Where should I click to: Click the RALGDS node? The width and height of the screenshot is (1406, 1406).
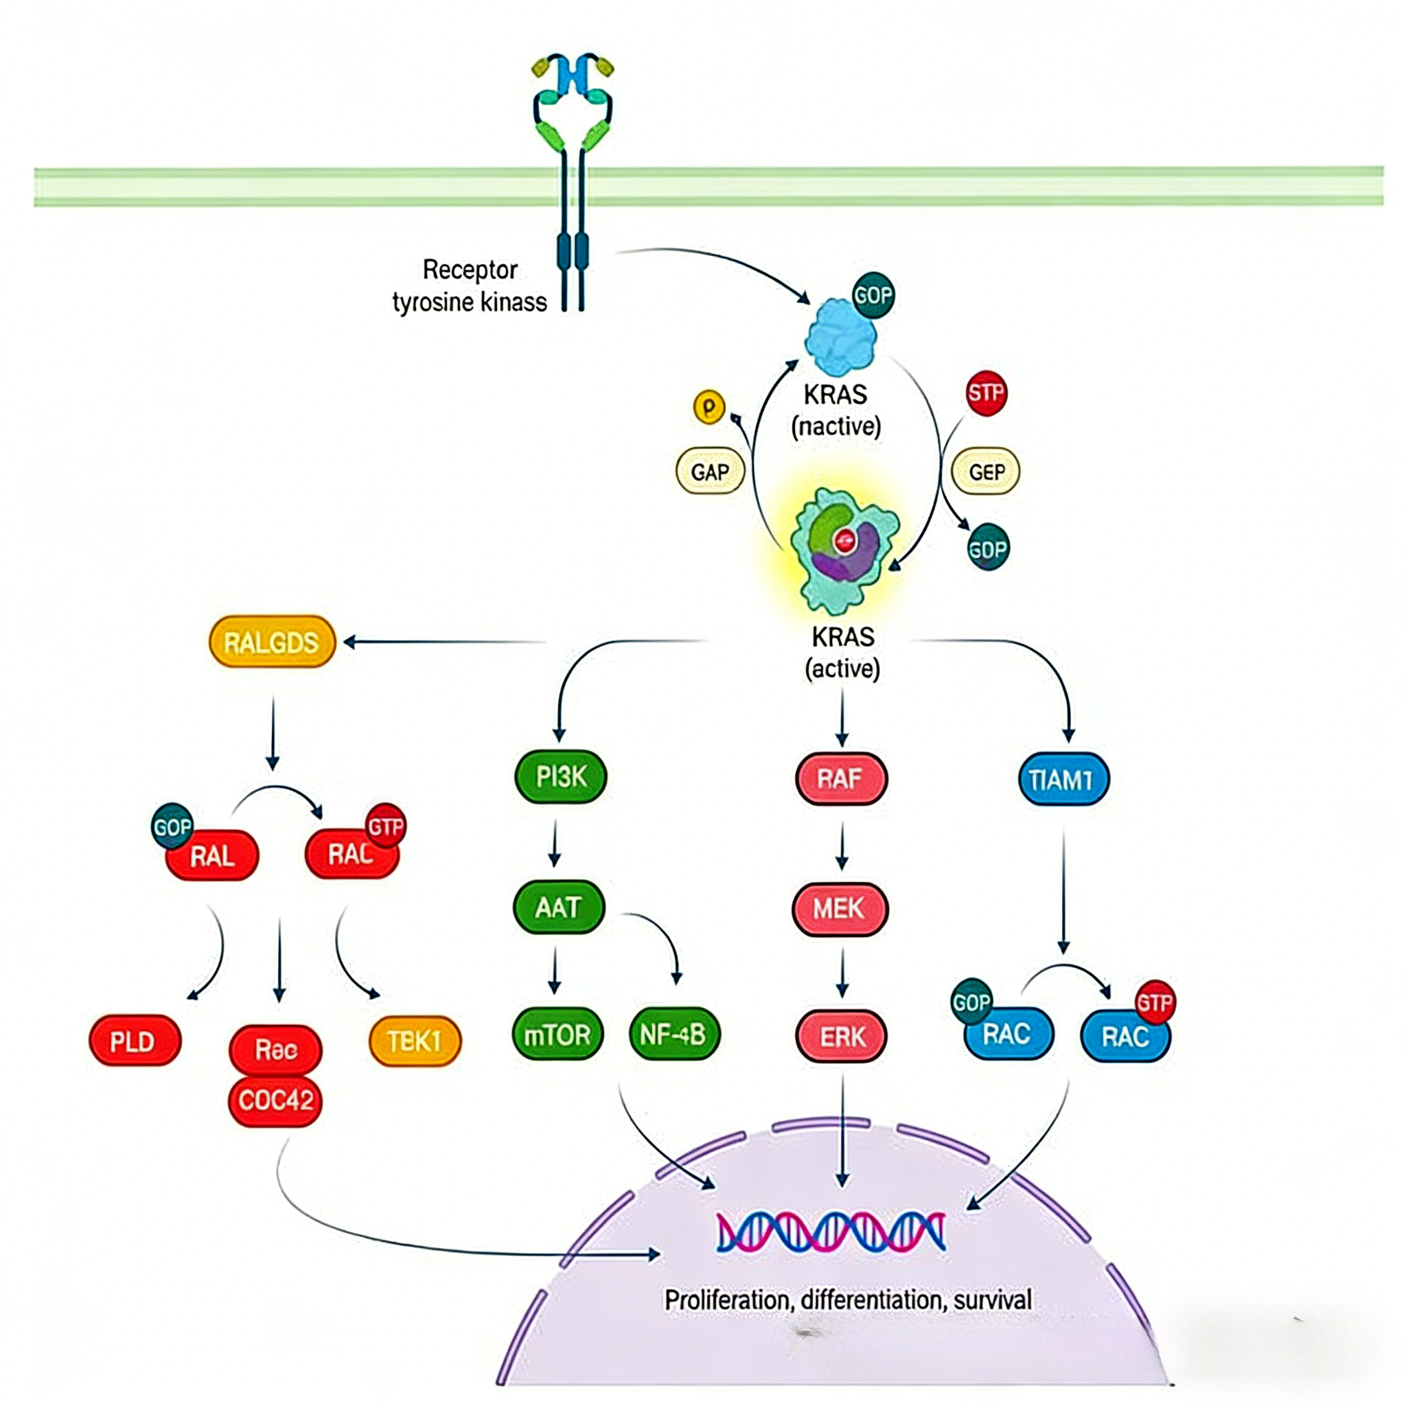click(x=271, y=642)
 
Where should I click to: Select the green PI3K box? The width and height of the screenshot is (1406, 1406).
click(x=560, y=777)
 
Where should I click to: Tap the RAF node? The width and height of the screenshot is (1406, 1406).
click(x=840, y=779)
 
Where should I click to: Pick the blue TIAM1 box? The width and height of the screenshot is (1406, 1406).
click(x=1063, y=779)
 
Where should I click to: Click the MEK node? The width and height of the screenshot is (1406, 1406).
click(x=839, y=908)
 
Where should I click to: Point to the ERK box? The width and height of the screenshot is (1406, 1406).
click(x=841, y=1036)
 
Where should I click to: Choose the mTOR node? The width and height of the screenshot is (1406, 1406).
click(x=557, y=1034)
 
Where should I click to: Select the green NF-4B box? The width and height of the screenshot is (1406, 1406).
click(x=673, y=1034)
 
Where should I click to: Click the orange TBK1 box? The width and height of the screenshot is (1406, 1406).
click(x=415, y=1041)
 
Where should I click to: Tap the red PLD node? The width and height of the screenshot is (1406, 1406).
click(x=134, y=1041)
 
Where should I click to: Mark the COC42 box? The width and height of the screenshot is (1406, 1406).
click(x=275, y=1100)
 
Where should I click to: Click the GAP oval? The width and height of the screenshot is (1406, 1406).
click(x=710, y=472)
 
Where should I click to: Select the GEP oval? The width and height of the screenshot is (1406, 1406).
click(x=986, y=472)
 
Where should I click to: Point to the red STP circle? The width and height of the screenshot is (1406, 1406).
click(x=986, y=393)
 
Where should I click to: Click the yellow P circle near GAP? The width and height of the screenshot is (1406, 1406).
click(x=708, y=407)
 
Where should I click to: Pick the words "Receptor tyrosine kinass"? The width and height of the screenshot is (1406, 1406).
click(x=470, y=286)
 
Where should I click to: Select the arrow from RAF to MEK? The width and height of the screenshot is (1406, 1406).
click(x=842, y=846)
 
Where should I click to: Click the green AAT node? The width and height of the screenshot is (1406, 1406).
click(x=558, y=908)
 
